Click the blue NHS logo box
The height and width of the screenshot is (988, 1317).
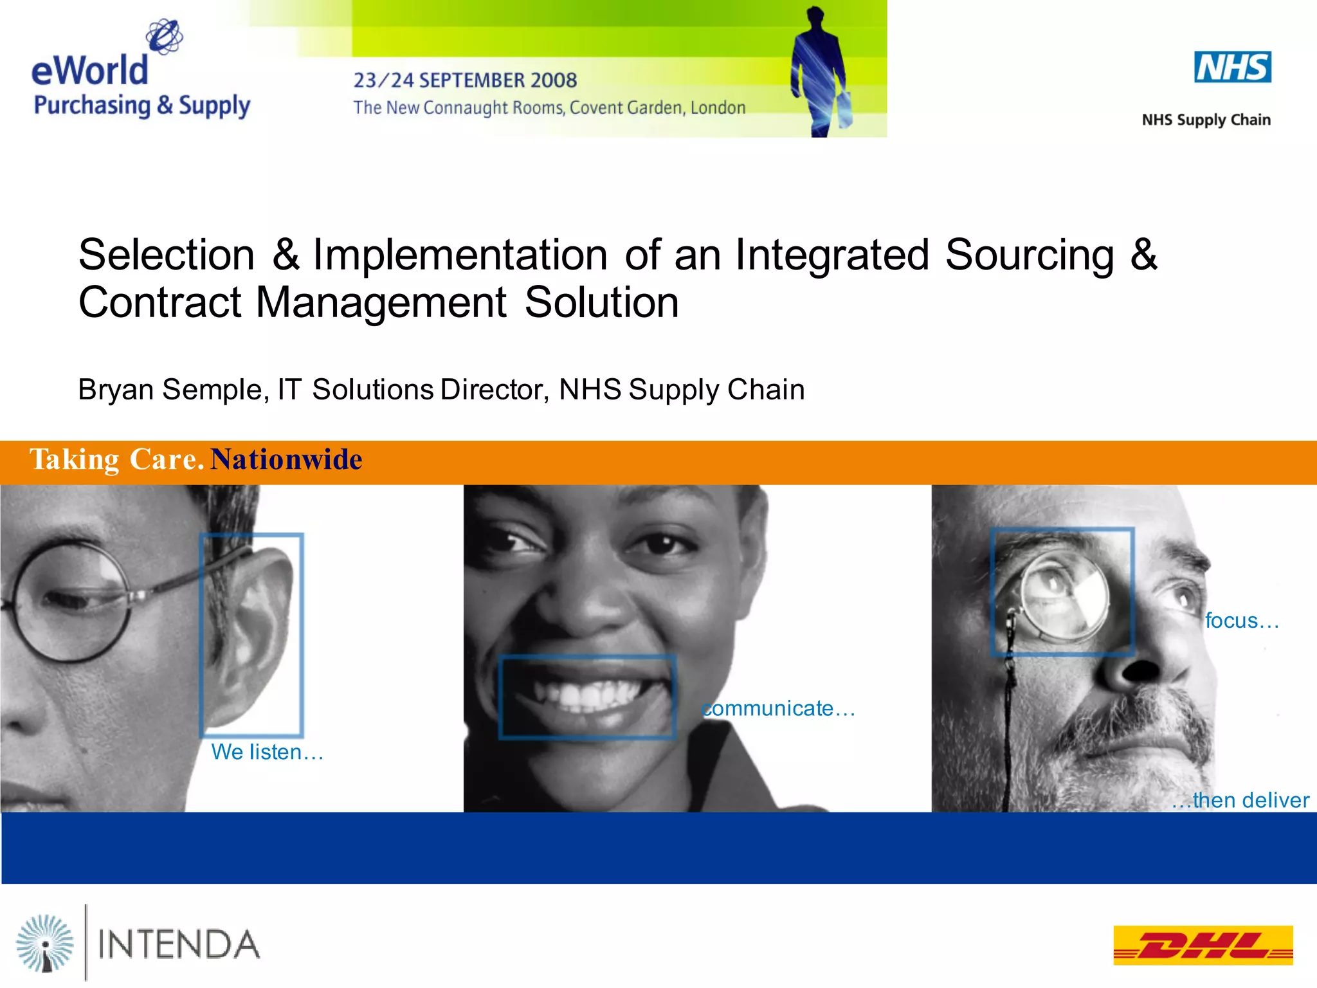point(1232,68)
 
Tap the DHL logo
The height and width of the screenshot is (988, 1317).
point(1203,945)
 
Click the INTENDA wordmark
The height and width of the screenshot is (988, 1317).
point(179,945)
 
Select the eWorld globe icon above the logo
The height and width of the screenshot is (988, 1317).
point(164,35)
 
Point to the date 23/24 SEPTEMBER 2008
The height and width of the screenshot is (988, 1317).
point(465,80)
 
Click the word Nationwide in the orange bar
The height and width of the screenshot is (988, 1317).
point(286,459)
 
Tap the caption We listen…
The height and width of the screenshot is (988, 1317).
point(267,752)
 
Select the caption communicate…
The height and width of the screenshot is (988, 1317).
point(778,708)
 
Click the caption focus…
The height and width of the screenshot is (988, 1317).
point(1241,621)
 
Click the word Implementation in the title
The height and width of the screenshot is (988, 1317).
point(460,255)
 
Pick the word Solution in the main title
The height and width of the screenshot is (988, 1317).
point(601,302)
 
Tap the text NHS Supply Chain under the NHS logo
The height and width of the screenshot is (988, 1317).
point(1206,120)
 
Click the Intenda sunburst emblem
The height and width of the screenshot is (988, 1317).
point(45,943)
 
